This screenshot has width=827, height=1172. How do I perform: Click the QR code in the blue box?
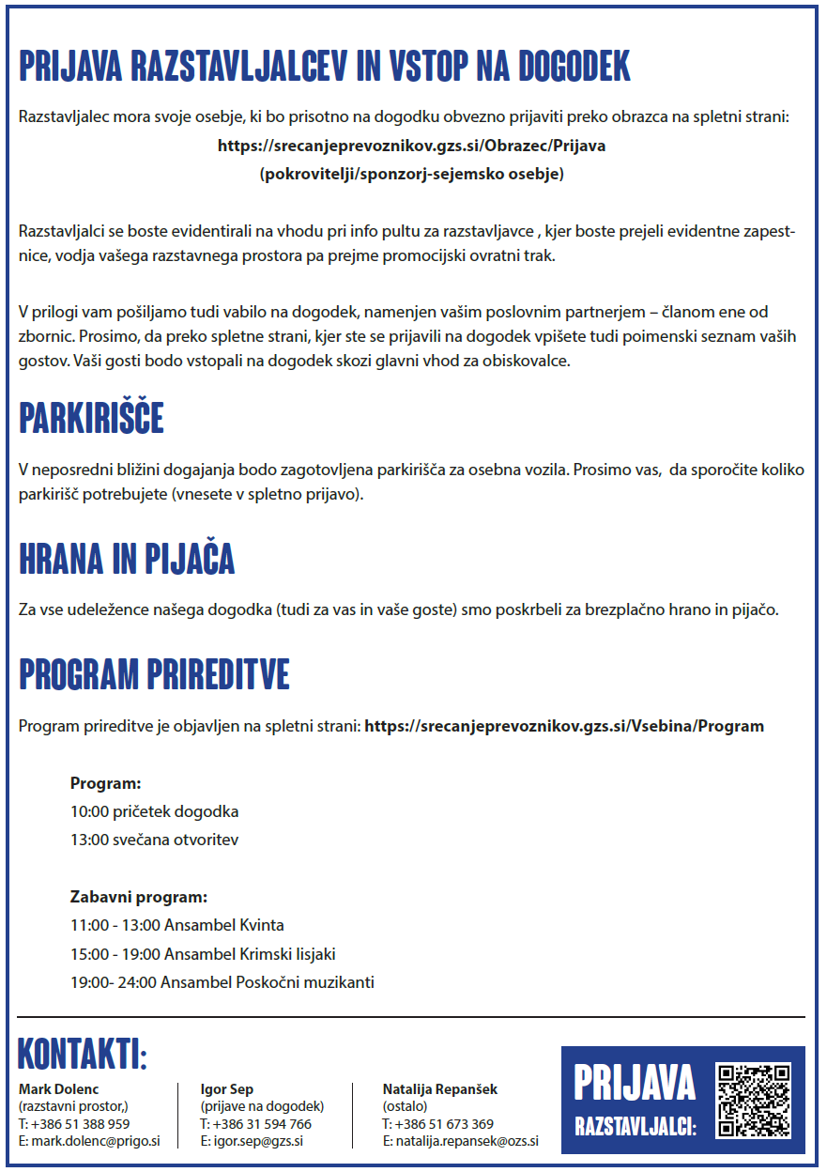tap(753, 1100)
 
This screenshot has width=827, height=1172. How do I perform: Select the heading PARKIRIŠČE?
tap(91, 419)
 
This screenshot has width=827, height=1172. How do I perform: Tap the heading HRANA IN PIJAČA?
tap(127, 559)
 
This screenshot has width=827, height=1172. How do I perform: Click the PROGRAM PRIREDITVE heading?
tap(154, 674)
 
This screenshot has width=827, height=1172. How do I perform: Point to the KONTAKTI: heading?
tap(83, 1055)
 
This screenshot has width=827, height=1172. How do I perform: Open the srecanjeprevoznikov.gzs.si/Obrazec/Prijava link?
tap(411, 146)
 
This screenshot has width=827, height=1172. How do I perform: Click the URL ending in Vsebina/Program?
tap(563, 726)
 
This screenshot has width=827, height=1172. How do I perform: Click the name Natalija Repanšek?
tap(439, 1089)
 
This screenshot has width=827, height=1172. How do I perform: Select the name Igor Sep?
tap(227, 1089)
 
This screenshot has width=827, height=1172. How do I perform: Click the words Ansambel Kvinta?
tap(223, 925)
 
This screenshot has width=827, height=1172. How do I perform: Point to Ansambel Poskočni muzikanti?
tap(268, 982)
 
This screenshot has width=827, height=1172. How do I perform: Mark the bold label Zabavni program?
tap(138, 897)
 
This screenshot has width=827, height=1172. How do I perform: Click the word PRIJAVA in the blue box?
tap(635, 1083)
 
